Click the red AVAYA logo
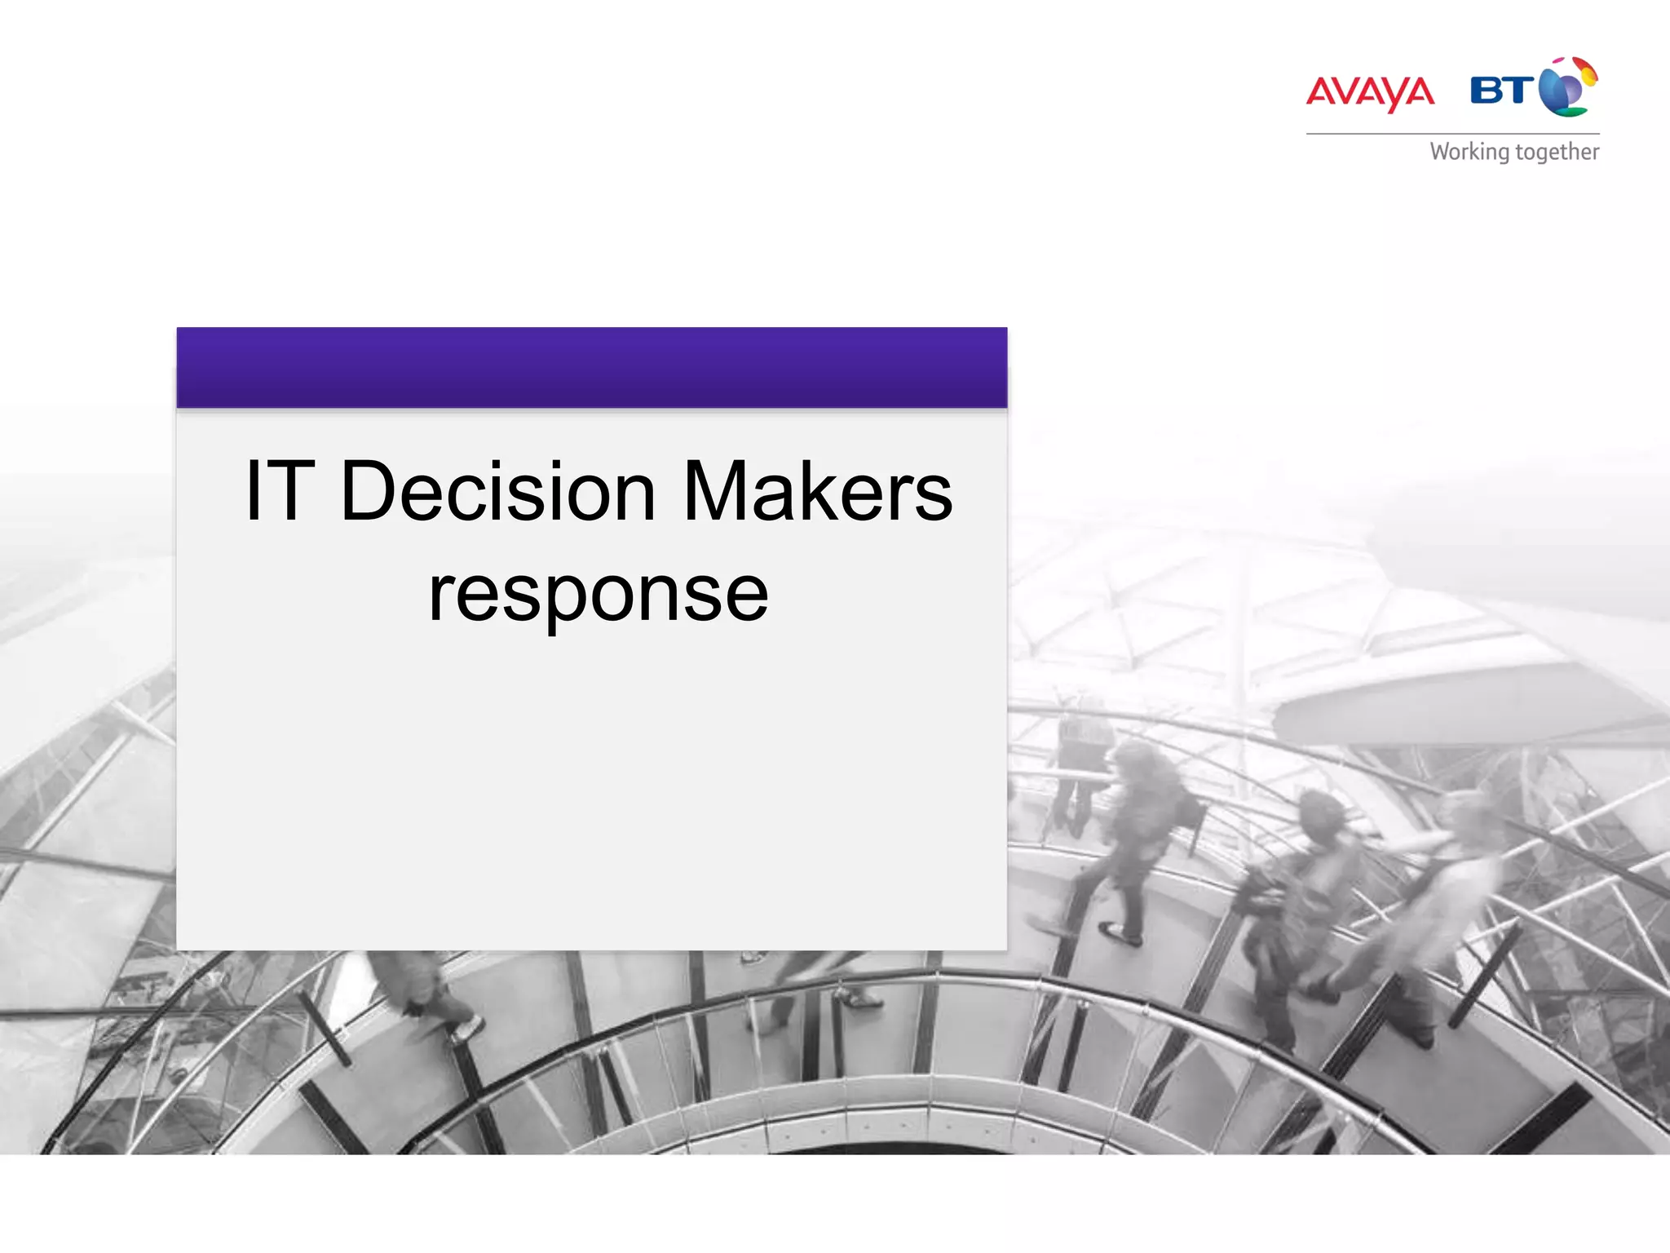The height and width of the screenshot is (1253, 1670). point(1370,92)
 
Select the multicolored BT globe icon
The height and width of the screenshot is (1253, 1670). point(1568,86)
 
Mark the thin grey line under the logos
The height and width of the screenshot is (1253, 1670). point(1452,134)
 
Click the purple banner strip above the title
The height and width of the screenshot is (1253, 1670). point(591,367)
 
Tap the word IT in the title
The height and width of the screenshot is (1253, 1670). point(279,491)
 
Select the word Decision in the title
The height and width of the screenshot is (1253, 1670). point(497,491)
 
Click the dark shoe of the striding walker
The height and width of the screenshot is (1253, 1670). point(1121,934)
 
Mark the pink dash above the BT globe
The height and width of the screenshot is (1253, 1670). point(1557,62)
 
